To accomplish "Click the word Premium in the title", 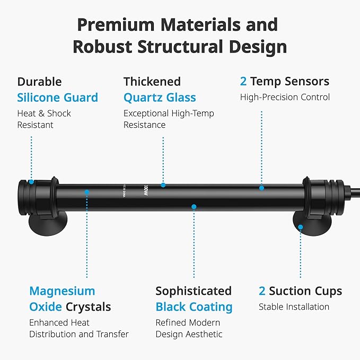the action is pyautogui.click(x=116, y=24).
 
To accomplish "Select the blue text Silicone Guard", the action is pyautogui.click(x=58, y=98).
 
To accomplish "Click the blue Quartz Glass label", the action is pyautogui.click(x=160, y=98).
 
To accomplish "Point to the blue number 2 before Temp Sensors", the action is pyautogui.click(x=243, y=81).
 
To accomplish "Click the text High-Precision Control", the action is pyautogui.click(x=285, y=97).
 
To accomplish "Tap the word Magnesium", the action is pyautogui.click(x=62, y=291).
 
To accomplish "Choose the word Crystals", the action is pyautogui.click(x=89, y=307).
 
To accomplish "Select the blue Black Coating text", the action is pyautogui.click(x=194, y=307).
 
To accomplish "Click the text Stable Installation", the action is pyautogui.click(x=294, y=307).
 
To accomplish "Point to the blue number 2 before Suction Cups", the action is pyautogui.click(x=262, y=291).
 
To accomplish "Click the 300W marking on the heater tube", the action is pyautogui.click(x=146, y=190).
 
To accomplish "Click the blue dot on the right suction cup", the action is pyautogui.click(x=301, y=227).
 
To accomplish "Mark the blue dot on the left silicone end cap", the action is pyautogui.click(x=31, y=182).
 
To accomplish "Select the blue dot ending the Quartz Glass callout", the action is pyautogui.click(x=163, y=185).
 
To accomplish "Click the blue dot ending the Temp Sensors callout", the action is pyautogui.click(x=261, y=188).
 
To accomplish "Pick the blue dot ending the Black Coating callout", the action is pyautogui.click(x=194, y=207).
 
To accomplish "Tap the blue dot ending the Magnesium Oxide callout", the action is pyautogui.click(x=87, y=192).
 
